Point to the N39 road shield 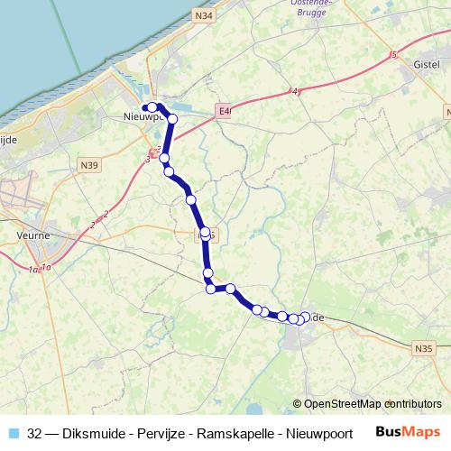89,165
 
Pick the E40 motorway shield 225,111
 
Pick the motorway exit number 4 295,91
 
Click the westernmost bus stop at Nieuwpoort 145,109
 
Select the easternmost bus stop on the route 305,317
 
